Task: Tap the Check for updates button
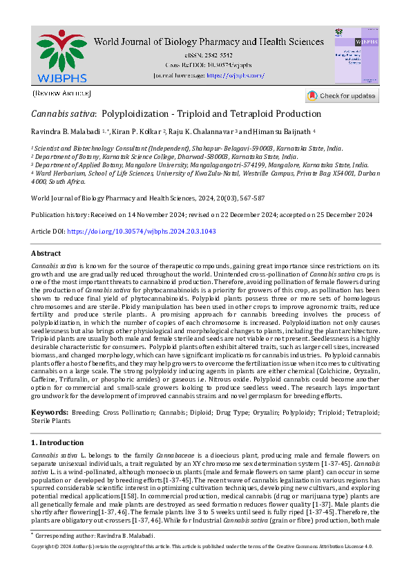342,95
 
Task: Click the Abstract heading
46,254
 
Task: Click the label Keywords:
50,412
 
